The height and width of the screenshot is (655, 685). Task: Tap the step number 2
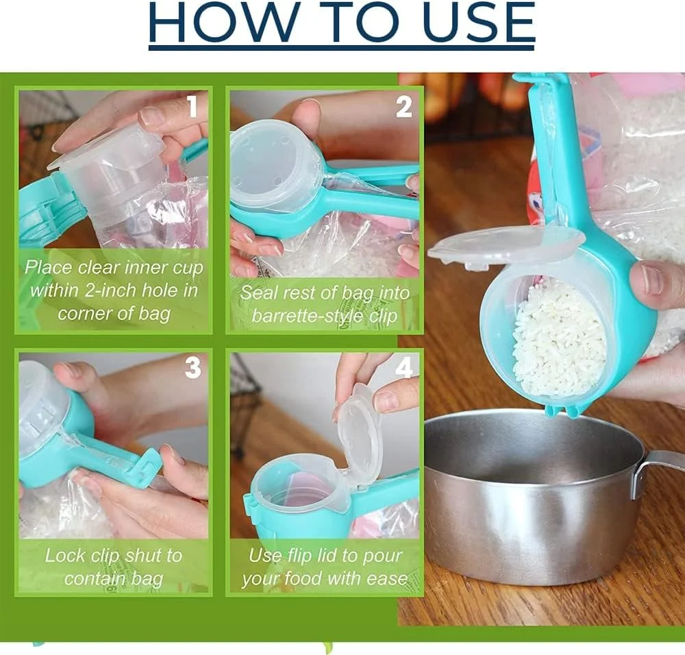[x=403, y=107]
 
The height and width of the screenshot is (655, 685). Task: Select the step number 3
[x=192, y=368]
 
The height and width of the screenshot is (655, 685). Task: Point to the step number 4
[x=403, y=369]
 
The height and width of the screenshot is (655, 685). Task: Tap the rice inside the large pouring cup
[x=558, y=336]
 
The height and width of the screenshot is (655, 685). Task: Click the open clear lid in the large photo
[x=506, y=246]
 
